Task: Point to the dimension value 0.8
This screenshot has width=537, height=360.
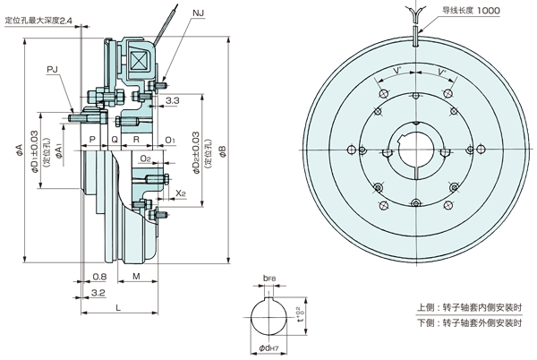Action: [98, 277]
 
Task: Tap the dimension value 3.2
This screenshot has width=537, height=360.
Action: [98, 293]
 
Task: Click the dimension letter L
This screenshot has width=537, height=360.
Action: [119, 307]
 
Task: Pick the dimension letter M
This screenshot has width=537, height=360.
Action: [135, 277]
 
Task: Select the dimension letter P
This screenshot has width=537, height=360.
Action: [92, 140]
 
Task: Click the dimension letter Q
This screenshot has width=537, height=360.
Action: [114, 140]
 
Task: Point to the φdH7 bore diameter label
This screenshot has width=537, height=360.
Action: [271, 347]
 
